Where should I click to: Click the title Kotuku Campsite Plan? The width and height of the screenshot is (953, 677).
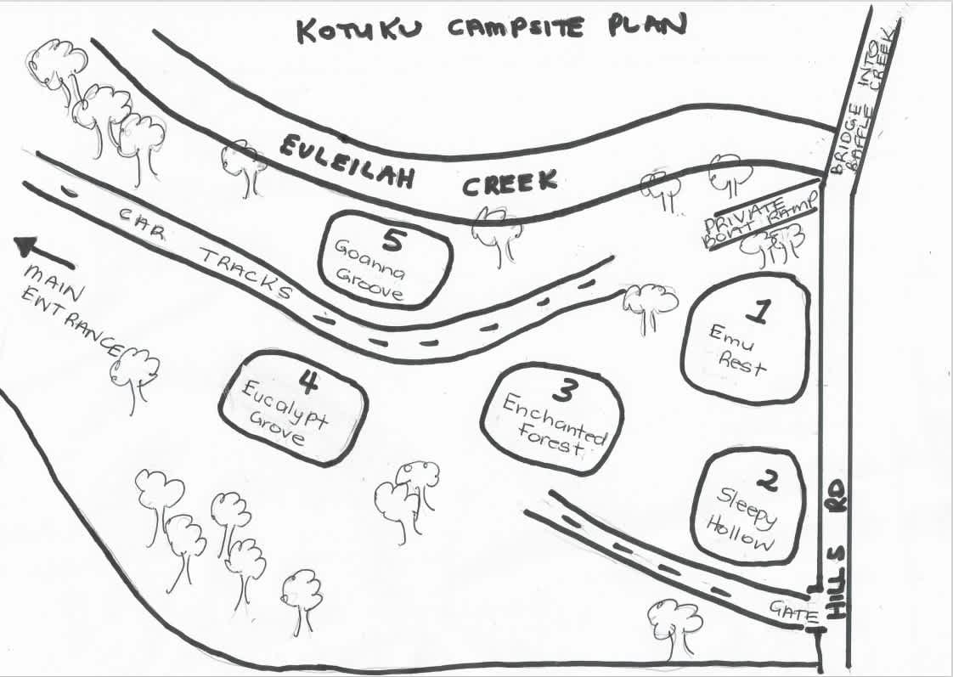490,27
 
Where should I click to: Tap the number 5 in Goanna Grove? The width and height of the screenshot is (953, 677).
391,240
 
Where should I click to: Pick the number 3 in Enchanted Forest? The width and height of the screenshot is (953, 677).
563,391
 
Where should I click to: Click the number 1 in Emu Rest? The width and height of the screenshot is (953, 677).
761,313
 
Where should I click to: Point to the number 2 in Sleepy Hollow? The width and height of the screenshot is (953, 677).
766,482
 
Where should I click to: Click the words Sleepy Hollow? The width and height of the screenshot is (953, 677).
748,521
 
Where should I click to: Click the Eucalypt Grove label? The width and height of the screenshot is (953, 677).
279,415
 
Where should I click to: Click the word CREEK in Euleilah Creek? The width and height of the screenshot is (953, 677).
510,182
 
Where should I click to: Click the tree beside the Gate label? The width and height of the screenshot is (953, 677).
674,624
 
